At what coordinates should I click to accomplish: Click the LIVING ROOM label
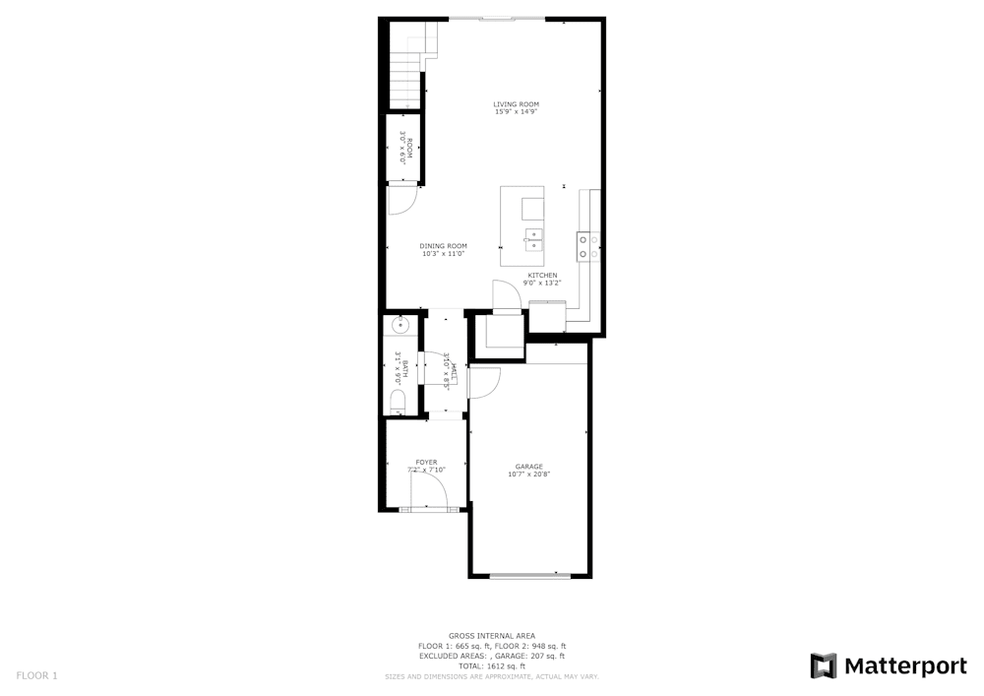pyautogui.click(x=516, y=104)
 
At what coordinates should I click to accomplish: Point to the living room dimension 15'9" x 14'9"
pyautogui.click(x=516, y=112)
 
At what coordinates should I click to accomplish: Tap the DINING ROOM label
pyautogui.click(x=443, y=246)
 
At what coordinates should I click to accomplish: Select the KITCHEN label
pyautogui.click(x=542, y=276)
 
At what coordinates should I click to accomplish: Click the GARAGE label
pyautogui.click(x=528, y=467)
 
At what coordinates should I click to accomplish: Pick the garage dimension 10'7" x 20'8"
pyautogui.click(x=528, y=475)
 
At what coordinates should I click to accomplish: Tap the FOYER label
pyautogui.click(x=426, y=462)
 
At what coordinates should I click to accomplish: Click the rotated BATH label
pyautogui.click(x=404, y=368)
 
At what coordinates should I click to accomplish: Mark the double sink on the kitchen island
pyautogui.click(x=533, y=235)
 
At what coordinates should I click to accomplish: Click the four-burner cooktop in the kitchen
pyautogui.click(x=588, y=246)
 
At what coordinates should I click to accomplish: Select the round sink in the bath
pyautogui.click(x=400, y=325)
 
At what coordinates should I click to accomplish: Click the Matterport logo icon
pyautogui.click(x=824, y=666)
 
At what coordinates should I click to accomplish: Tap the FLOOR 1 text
pyautogui.click(x=37, y=675)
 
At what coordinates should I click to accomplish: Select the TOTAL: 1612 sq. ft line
pyautogui.click(x=492, y=666)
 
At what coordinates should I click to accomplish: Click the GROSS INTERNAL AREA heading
pyautogui.click(x=492, y=636)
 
